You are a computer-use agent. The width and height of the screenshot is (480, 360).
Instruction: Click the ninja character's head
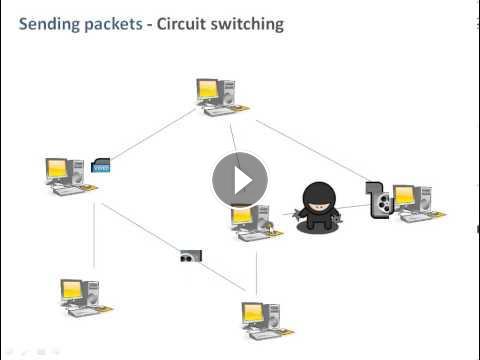click(319, 198)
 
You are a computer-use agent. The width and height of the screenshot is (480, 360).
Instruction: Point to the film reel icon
click(382, 203)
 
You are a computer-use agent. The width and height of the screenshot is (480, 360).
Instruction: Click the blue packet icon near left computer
click(101, 165)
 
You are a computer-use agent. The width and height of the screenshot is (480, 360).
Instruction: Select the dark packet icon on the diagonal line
click(191, 256)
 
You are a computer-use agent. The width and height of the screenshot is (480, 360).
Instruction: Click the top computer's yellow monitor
click(207, 89)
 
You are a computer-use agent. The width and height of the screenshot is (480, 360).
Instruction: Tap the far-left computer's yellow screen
click(57, 168)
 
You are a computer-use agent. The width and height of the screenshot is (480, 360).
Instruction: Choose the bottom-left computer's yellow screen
click(71, 289)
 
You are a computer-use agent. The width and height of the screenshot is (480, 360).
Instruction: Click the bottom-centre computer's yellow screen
click(252, 312)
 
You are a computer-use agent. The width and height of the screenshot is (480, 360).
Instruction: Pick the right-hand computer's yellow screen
click(403, 195)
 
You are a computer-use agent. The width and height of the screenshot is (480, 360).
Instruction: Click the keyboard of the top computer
click(220, 111)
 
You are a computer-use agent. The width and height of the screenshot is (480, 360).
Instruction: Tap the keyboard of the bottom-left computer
click(84, 312)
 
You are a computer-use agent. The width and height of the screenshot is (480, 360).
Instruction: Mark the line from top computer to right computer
click(311, 149)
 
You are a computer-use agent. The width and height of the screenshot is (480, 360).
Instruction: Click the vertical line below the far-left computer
click(94, 235)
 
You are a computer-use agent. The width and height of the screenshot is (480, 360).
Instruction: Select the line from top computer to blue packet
click(153, 133)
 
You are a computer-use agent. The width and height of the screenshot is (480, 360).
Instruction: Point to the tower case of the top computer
click(227, 92)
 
